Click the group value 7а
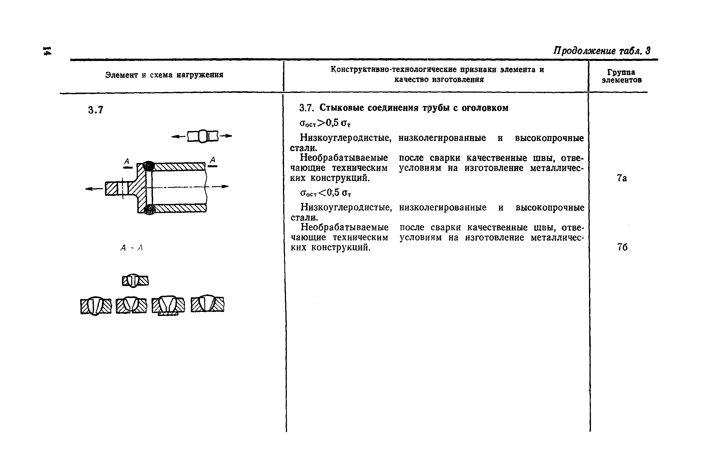[x=622, y=178]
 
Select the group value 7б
[x=622, y=247]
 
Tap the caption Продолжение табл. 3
[x=602, y=51]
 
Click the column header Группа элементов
[x=621, y=76]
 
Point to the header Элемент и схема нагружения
[x=164, y=75]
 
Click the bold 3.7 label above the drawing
[x=96, y=110]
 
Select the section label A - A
[x=132, y=248]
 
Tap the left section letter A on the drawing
[x=127, y=161]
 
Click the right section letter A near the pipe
[x=212, y=160]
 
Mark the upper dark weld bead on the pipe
[x=148, y=166]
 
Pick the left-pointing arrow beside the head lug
[x=94, y=189]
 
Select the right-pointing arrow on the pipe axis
[x=220, y=186]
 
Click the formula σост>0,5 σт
[x=325, y=123]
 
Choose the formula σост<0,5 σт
[x=326, y=193]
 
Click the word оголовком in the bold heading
[x=485, y=108]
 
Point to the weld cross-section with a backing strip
[x=168, y=306]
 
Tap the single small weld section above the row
[x=135, y=281]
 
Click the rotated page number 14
[x=47, y=51]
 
